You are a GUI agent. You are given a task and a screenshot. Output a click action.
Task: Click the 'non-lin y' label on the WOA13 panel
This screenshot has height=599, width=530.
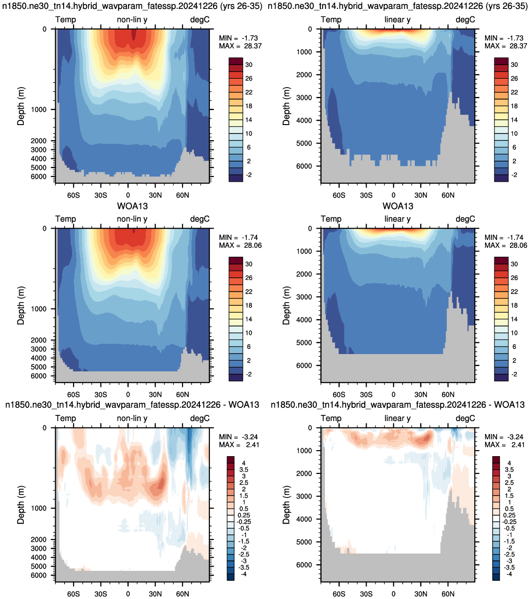[x=132, y=219]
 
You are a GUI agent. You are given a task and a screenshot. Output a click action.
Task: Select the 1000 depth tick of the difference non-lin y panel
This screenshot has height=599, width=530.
[x=39, y=508]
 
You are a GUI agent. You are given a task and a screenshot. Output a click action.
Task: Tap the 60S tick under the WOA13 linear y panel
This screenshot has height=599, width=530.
[x=339, y=394]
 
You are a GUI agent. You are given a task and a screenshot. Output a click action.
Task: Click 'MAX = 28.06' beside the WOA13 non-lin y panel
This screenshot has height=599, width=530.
[x=240, y=245]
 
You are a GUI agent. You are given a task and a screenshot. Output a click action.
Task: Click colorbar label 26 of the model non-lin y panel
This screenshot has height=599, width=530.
[x=249, y=78]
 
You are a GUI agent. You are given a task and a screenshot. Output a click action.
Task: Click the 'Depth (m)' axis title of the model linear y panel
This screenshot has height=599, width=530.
[x=286, y=106]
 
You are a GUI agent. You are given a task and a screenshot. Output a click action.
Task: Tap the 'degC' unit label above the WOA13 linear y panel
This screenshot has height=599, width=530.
[x=465, y=219]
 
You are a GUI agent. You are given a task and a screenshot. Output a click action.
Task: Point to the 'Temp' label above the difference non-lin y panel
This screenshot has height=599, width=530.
[x=66, y=418]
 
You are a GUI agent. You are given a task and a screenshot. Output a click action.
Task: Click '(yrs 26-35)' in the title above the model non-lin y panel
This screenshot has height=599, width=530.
[x=241, y=6]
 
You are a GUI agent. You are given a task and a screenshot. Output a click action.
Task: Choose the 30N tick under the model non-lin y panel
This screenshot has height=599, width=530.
[x=155, y=195]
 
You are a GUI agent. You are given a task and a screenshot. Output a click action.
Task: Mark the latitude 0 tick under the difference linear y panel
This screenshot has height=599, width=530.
[x=393, y=594]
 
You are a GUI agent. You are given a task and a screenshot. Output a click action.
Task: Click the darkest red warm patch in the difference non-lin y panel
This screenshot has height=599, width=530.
[x=162, y=483]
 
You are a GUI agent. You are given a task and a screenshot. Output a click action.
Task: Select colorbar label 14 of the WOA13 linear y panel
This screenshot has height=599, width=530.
[x=514, y=319]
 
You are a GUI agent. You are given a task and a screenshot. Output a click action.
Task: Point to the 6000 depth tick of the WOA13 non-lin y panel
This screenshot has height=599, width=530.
[x=39, y=376]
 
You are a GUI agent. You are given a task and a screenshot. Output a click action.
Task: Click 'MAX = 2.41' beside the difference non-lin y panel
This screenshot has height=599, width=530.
[x=239, y=444]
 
